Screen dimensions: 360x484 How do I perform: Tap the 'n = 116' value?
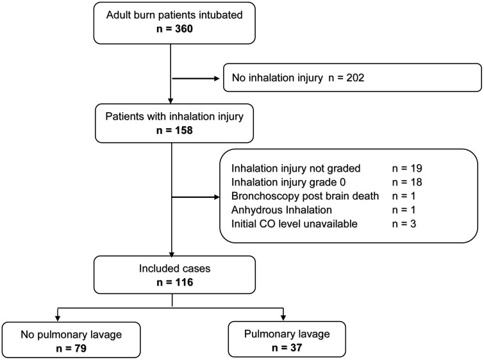pyautogui.click(x=171, y=281)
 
